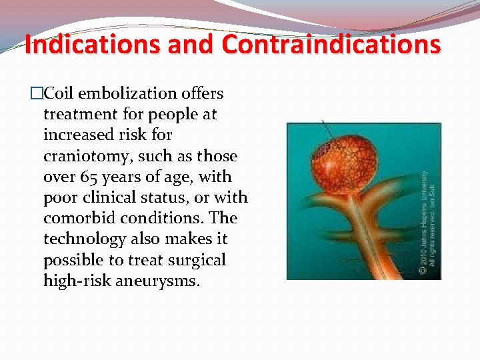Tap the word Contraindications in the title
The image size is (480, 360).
pyautogui.click(x=331, y=45)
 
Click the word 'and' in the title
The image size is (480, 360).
pyautogui.click(x=190, y=45)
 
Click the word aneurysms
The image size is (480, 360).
pyautogui.click(x=157, y=280)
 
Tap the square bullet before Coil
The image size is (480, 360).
pyautogui.click(x=36, y=94)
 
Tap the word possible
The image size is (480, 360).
pyautogui.click(x=72, y=259)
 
